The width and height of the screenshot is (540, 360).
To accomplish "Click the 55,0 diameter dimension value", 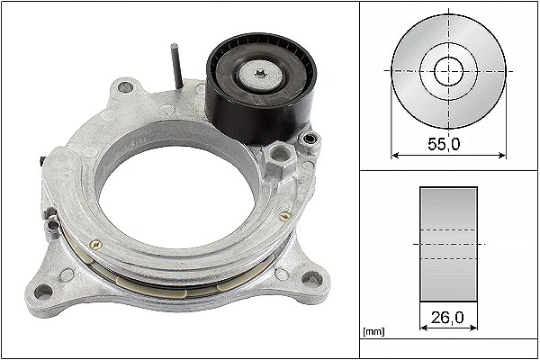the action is [444, 144].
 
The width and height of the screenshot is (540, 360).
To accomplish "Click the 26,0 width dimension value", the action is [447, 318].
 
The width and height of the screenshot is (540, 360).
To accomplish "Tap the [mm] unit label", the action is [373, 332].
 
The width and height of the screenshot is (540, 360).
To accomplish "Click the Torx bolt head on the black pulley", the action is [262, 75].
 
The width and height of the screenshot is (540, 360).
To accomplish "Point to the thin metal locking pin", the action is [177, 66].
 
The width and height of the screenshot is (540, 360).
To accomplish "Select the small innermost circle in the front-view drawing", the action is [449, 71].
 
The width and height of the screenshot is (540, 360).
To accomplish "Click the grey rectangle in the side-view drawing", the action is [448, 244].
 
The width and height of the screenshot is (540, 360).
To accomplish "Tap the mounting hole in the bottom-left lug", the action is [44, 292].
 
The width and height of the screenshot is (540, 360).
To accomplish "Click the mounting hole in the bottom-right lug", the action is [312, 278].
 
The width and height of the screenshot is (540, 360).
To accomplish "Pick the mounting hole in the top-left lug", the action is [125, 86].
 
